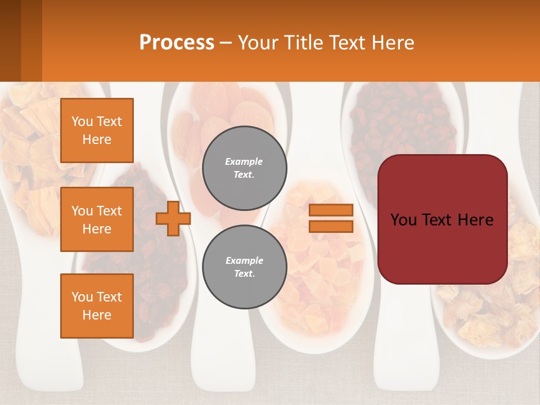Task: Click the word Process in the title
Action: [177, 43]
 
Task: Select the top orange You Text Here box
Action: [97, 130]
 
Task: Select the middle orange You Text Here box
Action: [97, 219]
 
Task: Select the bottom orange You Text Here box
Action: [97, 305]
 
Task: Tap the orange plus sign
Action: [173, 218]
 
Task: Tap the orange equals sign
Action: [331, 218]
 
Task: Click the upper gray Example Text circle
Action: [244, 168]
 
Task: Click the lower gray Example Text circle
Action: [244, 267]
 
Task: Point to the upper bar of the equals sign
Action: [331, 210]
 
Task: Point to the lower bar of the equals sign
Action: [331, 227]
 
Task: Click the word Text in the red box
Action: [434, 220]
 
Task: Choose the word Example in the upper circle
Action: [244, 161]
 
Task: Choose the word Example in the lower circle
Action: [244, 260]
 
